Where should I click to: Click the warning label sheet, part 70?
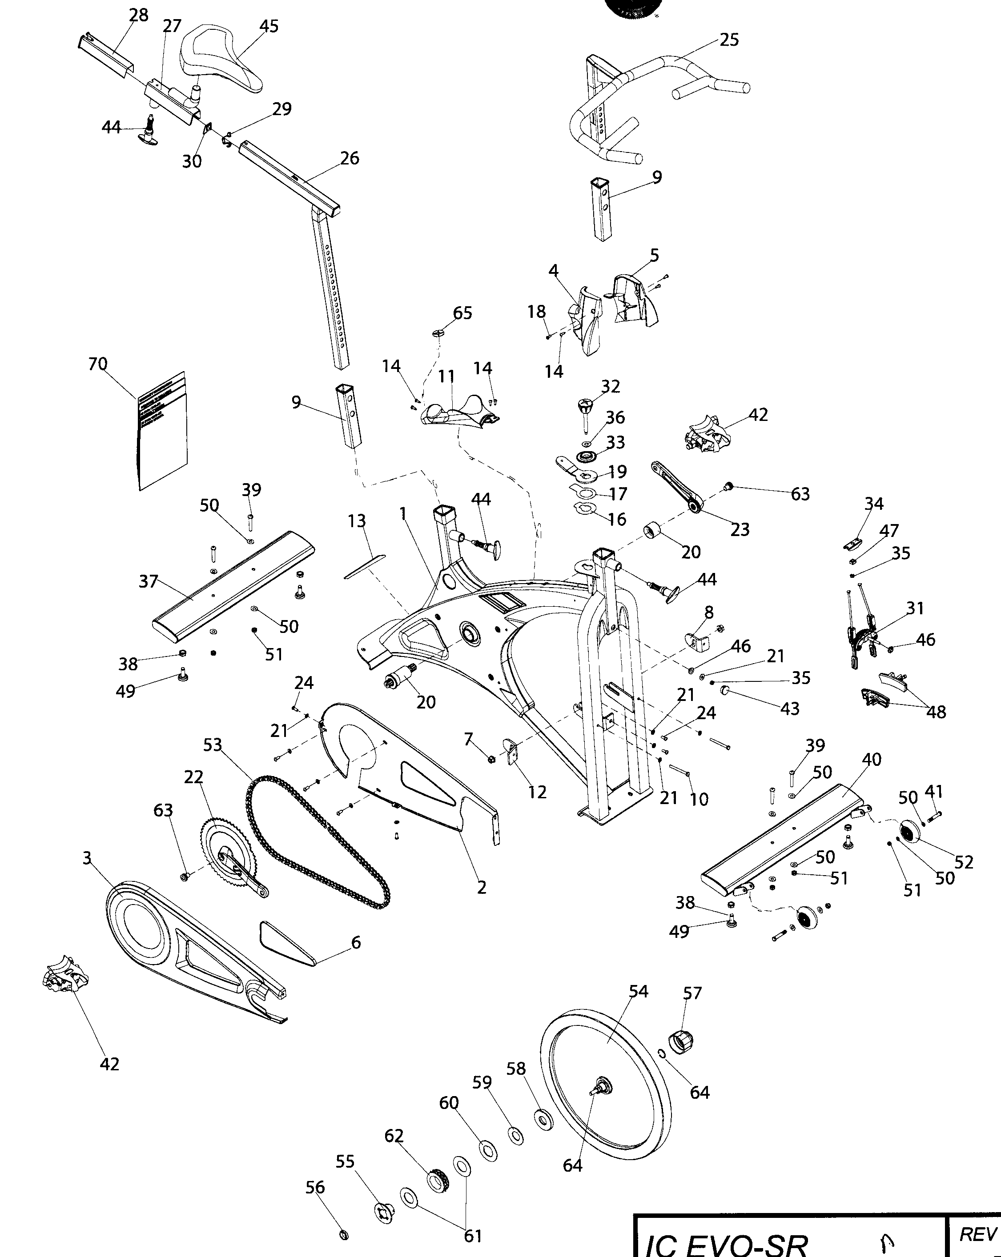[162, 432]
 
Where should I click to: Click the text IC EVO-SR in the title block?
[726, 1244]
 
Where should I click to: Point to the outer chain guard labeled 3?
[193, 956]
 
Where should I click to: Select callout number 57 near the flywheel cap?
[692, 992]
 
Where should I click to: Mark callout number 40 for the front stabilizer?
[872, 759]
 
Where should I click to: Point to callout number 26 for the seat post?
[350, 158]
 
